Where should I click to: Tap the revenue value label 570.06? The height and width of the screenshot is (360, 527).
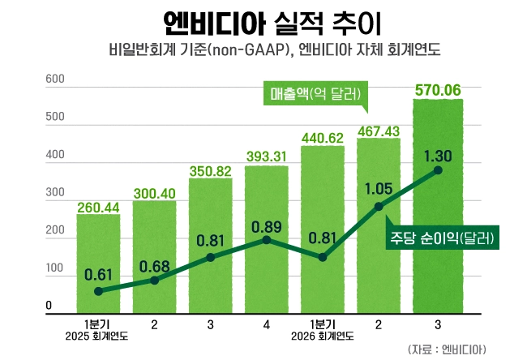tap(439, 89)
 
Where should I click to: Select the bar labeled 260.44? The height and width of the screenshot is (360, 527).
tap(98, 259)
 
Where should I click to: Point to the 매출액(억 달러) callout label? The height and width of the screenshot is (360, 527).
tap(315, 92)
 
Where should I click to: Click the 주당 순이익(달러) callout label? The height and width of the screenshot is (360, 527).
tap(441, 239)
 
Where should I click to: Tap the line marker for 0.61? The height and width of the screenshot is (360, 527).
tap(98, 291)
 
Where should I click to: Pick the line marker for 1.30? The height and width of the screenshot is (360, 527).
tap(438, 170)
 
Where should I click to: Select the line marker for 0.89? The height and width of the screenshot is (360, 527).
tap(267, 239)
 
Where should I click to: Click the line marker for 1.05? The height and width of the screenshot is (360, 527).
tap(379, 206)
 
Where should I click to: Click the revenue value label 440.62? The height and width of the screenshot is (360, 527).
tap(323, 137)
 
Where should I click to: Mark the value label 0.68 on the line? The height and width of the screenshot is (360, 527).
tap(154, 267)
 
